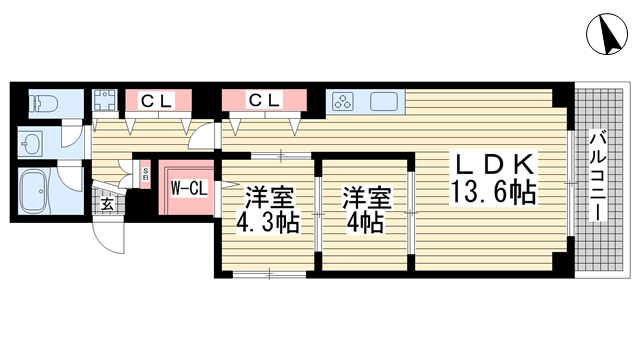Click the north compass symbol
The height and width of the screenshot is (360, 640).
pos(607,33)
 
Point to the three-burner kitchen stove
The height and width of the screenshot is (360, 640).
pos(343,101)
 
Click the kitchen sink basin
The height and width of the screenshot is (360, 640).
pos(384,101)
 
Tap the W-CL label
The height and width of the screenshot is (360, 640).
pos(189,188)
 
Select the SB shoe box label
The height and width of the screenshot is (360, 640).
pos(145,175)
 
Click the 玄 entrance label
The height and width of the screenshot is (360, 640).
pos(107,203)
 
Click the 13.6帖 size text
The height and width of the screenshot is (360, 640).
pos(493,192)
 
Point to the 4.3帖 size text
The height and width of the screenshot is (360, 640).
pos(268,223)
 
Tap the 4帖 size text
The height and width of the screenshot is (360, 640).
pos(365,223)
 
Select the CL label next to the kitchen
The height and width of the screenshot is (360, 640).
pos(264,100)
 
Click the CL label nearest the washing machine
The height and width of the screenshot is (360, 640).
pos(156,100)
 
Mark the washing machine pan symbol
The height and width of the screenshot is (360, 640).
pos(105,100)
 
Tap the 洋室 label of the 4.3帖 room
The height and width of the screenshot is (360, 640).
pos(269,198)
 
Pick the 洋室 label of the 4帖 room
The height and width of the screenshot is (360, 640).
pos(367,198)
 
